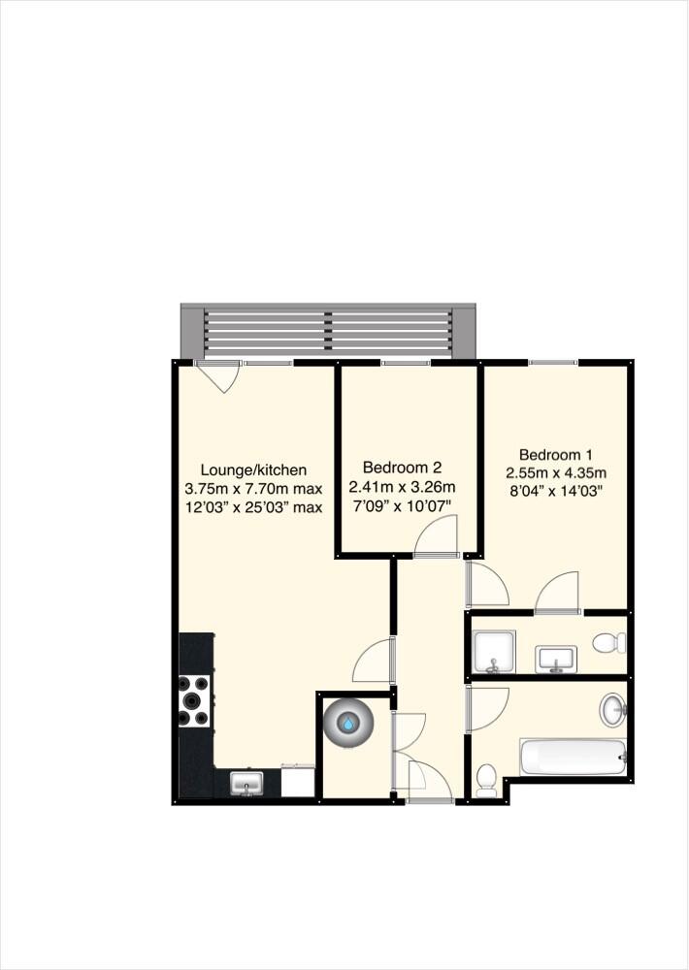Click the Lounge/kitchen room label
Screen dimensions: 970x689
click(x=252, y=469)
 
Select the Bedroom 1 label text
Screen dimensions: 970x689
click(x=555, y=454)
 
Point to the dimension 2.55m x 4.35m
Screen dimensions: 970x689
click(x=555, y=472)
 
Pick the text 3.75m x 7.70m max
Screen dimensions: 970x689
click(x=252, y=488)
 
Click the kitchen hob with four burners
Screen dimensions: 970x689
click(x=194, y=700)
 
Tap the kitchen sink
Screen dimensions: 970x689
click(x=246, y=783)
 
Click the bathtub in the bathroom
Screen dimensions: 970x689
click(x=573, y=758)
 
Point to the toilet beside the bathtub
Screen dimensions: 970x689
click(x=487, y=780)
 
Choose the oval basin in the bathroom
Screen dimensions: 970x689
click(x=612, y=710)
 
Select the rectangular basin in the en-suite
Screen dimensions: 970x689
click(x=556, y=659)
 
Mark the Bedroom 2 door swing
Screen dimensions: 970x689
click(x=437, y=535)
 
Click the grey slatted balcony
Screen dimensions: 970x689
click(x=328, y=331)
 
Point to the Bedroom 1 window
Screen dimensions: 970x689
click(x=553, y=363)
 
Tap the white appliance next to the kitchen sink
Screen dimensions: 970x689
click(x=298, y=781)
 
